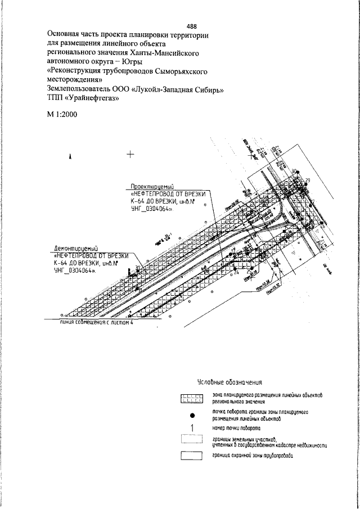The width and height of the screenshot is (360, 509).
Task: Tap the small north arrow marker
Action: [x=71, y=157]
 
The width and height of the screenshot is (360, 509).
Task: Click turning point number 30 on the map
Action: [x=294, y=170]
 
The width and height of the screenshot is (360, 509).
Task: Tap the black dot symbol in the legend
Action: [x=192, y=416]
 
